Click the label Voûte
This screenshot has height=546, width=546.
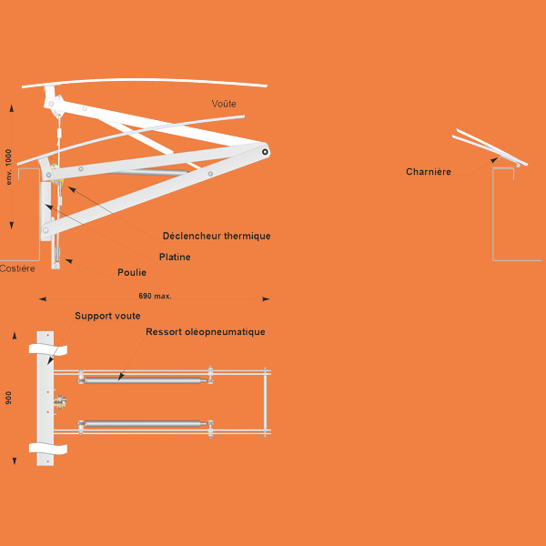tap(224, 104)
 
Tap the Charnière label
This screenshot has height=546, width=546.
tap(429, 171)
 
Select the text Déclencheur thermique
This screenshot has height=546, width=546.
tap(217, 236)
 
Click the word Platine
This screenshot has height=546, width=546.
tap(175, 257)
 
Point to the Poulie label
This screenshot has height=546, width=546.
tap(132, 272)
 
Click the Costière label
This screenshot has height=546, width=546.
tap(17, 268)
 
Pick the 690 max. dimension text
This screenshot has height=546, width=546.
tap(155, 296)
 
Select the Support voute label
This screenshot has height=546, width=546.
tap(107, 316)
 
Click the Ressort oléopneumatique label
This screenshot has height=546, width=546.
tap(206, 332)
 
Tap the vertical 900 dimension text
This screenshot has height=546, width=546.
tap(8, 398)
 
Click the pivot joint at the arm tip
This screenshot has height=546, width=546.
tap(264, 151)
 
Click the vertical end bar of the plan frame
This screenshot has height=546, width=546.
tap(266, 401)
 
